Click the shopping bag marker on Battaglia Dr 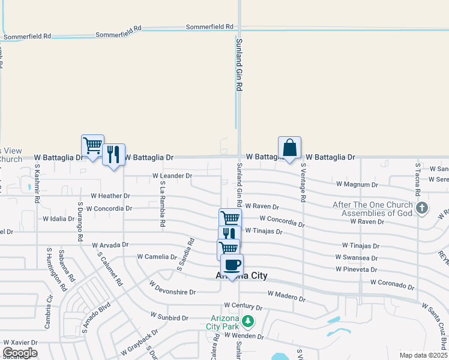[289, 148]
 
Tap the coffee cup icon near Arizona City [232, 265]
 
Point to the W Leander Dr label [172, 176]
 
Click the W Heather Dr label [110, 196]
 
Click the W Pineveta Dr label [357, 270]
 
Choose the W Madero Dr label [287, 294]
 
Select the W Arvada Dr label [110, 245]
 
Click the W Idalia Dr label [58, 219]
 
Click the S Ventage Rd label [303, 182]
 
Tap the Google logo [20, 352]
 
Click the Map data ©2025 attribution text [423, 355]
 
